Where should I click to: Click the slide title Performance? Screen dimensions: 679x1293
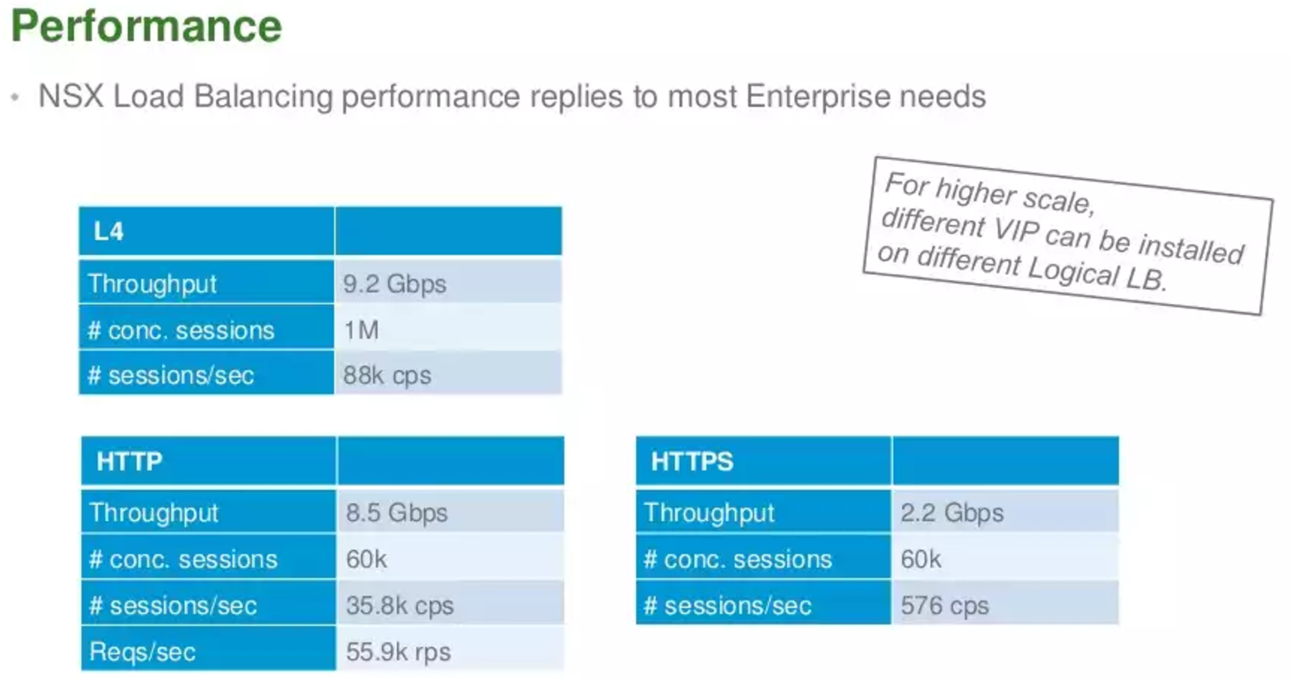[x=147, y=26]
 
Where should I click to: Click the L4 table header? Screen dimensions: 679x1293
[x=108, y=231]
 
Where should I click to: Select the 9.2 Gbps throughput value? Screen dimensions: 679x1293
[x=395, y=284]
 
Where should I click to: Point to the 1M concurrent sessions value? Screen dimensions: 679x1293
[x=361, y=330]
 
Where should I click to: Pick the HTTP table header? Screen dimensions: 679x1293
[x=129, y=461]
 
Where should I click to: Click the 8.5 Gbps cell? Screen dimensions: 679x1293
[x=396, y=513]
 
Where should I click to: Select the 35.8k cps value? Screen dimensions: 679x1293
[x=400, y=606]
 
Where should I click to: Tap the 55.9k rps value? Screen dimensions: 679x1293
[x=399, y=652]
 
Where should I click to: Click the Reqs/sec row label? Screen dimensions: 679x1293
[x=143, y=652]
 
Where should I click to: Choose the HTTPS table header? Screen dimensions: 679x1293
[x=692, y=461]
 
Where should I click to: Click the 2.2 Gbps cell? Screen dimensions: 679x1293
[x=952, y=513]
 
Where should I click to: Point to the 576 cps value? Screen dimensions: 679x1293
[x=944, y=606]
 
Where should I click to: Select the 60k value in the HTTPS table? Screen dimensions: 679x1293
[x=921, y=560]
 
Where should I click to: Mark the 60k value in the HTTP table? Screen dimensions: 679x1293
[x=366, y=560]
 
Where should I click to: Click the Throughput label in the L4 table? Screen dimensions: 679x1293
[x=153, y=284]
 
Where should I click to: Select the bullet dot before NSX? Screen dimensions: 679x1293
[x=15, y=97]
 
